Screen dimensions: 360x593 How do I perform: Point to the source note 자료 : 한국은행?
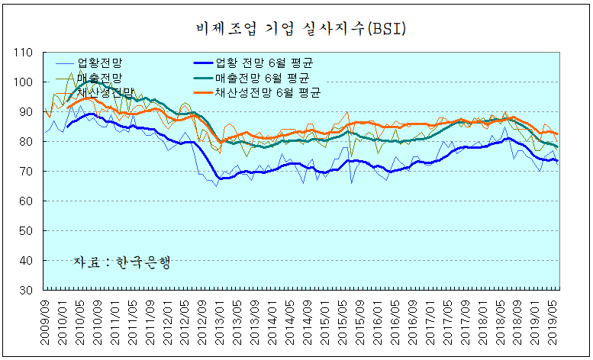pyautogui.click(x=121, y=262)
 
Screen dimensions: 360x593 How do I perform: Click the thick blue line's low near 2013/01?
pyautogui.click(x=222, y=178)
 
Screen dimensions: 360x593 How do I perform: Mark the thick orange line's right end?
pyautogui.click(x=557, y=134)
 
